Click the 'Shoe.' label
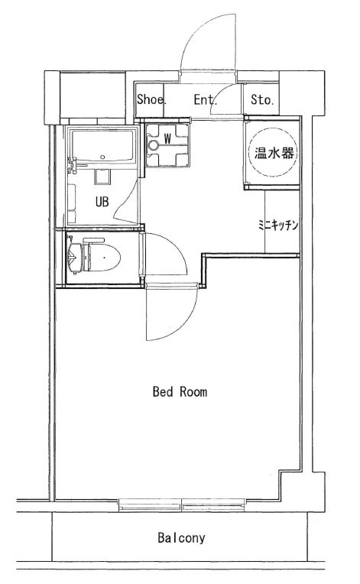(x=151, y=99)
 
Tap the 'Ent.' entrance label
(x=205, y=99)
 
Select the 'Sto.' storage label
(x=262, y=99)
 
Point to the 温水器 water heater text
(x=274, y=153)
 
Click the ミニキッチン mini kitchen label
(x=278, y=225)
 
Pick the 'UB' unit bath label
(x=102, y=202)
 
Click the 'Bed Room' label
(x=180, y=392)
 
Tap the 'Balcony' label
(x=181, y=538)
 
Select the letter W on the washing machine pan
(x=167, y=139)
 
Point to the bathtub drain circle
(x=102, y=157)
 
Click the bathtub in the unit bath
(x=103, y=146)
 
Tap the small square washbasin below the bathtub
(x=102, y=177)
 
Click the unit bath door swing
(x=125, y=203)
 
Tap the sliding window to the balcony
(x=181, y=505)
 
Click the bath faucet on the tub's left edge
(x=73, y=165)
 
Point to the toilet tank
(x=76, y=258)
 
